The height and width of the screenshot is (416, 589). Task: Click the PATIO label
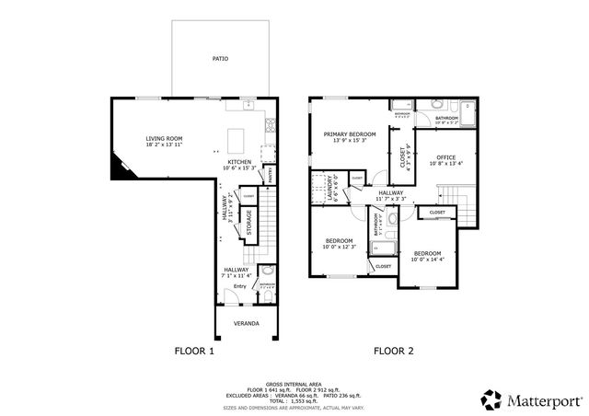[x=220, y=58]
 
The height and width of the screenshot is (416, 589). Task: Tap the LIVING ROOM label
[x=164, y=139]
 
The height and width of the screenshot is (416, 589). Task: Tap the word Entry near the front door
[x=238, y=285]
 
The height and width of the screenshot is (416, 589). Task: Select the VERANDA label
[x=245, y=323]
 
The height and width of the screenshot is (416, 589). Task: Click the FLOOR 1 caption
[x=194, y=351]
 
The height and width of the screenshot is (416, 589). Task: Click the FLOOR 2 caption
[x=394, y=351]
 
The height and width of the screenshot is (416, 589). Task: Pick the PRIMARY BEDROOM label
[x=350, y=134]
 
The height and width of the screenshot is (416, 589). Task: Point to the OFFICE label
[x=446, y=156]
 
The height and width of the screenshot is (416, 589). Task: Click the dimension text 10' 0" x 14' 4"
[x=428, y=259]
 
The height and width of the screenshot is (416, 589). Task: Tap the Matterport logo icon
[x=492, y=399]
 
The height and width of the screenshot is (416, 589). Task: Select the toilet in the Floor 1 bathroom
[x=266, y=272]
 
